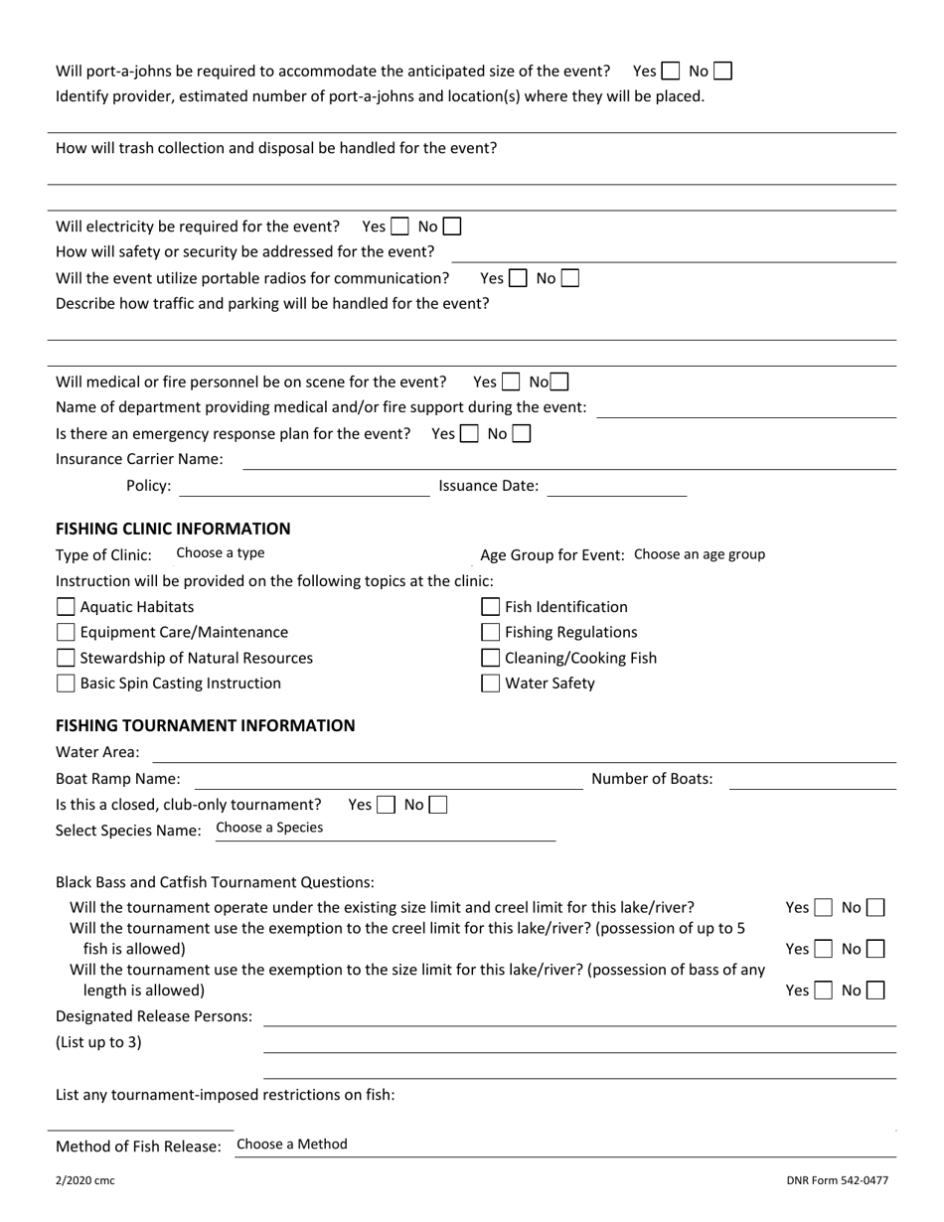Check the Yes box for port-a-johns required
click(x=671, y=72)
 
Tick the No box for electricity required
click(x=451, y=227)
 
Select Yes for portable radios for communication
click(x=518, y=279)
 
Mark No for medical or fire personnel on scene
click(x=559, y=382)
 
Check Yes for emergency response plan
click(x=470, y=434)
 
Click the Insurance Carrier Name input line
click(x=569, y=459)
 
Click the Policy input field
click(x=303, y=486)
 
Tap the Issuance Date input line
click(x=616, y=486)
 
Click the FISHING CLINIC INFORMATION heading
click(x=173, y=529)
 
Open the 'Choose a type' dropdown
click(x=221, y=553)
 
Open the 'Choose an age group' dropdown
click(x=700, y=554)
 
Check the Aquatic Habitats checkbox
click(x=66, y=607)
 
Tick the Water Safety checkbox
click(x=490, y=684)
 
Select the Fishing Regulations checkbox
click(x=490, y=633)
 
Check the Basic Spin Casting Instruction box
click(x=66, y=684)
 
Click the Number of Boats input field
click(x=812, y=779)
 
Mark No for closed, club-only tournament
click(x=437, y=805)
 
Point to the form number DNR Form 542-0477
click(x=838, y=1181)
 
